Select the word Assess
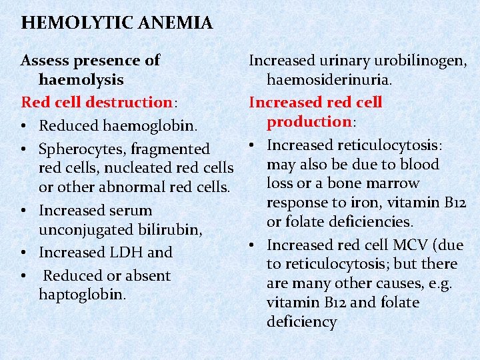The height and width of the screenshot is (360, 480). [x=45, y=61]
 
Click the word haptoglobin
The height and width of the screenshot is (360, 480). [x=82, y=294]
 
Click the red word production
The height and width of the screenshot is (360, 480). [x=309, y=121]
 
